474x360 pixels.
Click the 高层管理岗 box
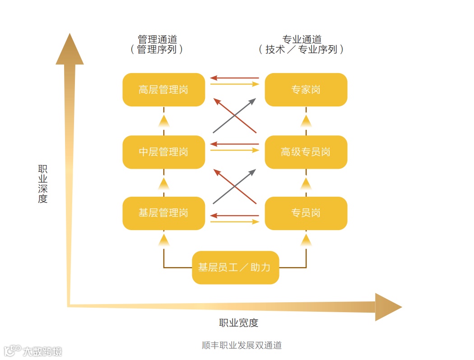[163, 90]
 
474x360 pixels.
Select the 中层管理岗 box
[163, 152]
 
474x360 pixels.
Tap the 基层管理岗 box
[163, 213]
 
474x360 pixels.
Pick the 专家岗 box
[306, 90]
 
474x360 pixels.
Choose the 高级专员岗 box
[306, 152]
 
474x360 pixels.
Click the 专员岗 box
[306, 213]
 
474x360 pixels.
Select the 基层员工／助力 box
[235, 268]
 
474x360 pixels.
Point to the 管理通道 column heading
[157, 40]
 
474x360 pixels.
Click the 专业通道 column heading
[302, 40]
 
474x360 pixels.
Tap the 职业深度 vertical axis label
[43, 184]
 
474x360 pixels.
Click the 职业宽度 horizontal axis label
[238, 323]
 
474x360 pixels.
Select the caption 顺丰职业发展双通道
[242, 346]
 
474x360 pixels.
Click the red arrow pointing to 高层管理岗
[235, 78]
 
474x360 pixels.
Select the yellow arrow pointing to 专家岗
[235, 84]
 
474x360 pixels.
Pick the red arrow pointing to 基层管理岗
[235, 216]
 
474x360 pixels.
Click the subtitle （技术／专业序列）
[302, 50]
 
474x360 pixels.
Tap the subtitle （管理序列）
[157, 50]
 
